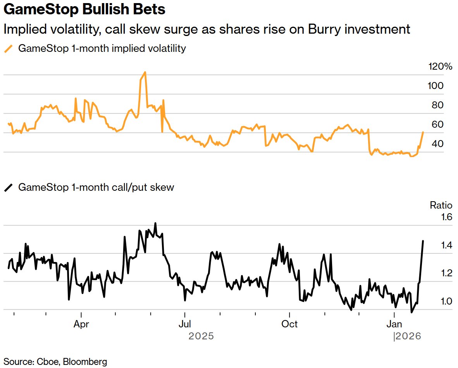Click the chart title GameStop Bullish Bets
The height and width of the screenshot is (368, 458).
tap(84, 10)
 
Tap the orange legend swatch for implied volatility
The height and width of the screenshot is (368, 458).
tap(8, 49)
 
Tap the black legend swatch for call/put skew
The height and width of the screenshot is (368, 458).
tap(8, 188)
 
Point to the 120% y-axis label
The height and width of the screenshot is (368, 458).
tap(440, 67)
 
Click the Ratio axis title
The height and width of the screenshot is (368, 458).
tap(441, 205)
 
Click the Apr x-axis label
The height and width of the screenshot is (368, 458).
tap(81, 324)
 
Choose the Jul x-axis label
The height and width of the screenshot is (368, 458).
tap(185, 324)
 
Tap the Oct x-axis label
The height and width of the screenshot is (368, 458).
tap(289, 324)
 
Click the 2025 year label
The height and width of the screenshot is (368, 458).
tap(201, 337)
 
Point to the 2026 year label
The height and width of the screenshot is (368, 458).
tap(408, 337)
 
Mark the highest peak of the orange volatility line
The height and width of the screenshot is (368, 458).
tap(145, 72)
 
